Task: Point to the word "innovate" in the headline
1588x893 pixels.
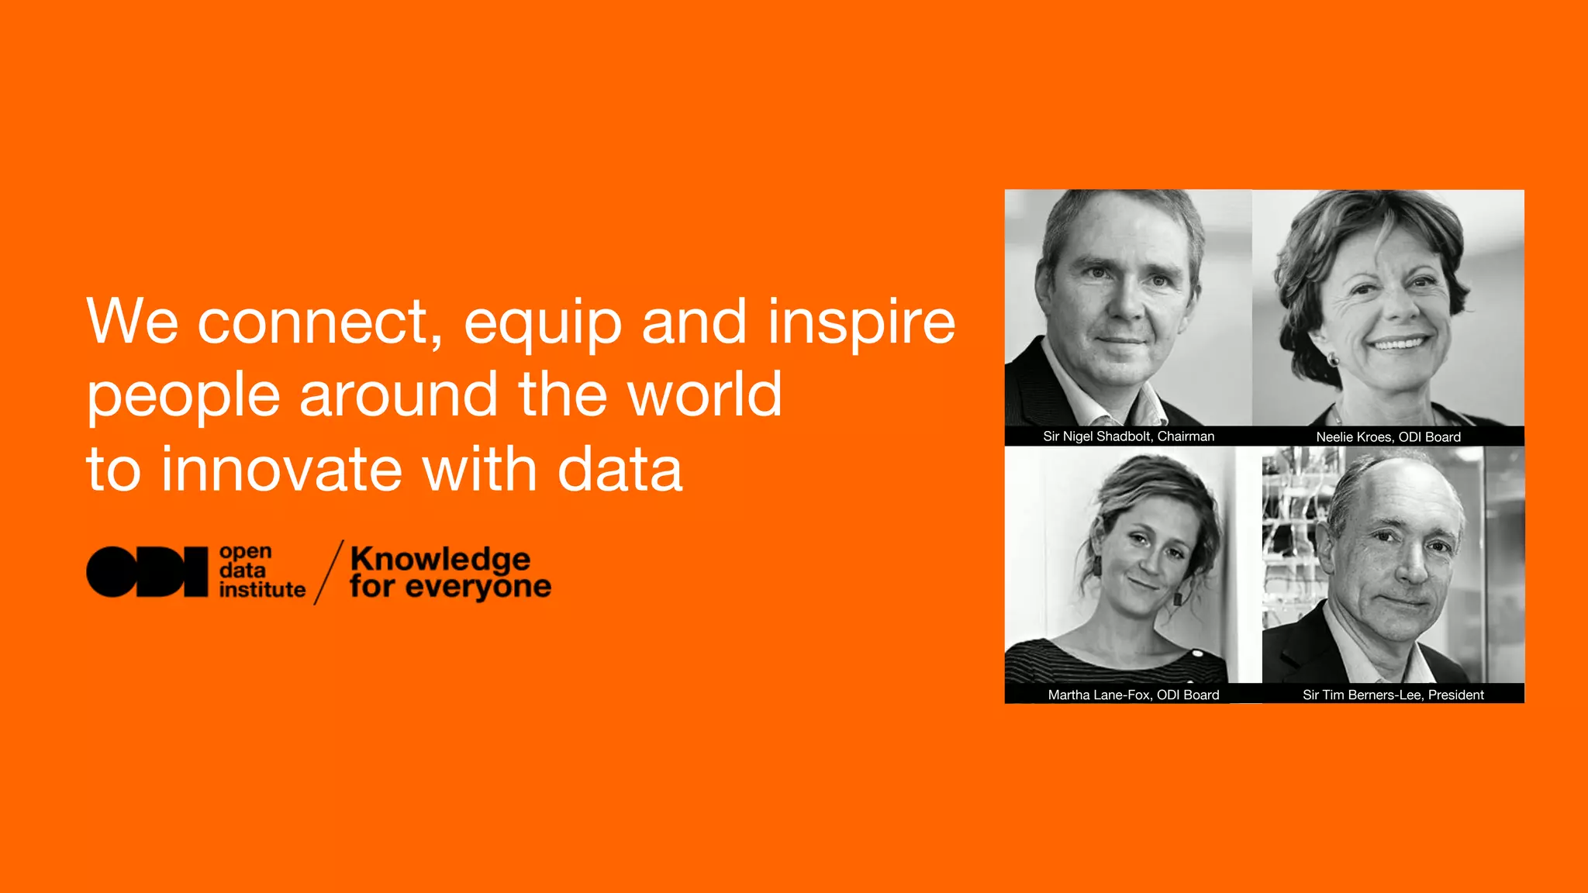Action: [x=281, y=470]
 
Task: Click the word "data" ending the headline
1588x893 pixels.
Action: [x=620, y=470]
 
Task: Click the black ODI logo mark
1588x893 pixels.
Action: [x=147, y=572]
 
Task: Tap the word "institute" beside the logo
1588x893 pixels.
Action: [x=262, y=590]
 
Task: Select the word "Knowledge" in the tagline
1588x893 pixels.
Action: [x=440, y=560]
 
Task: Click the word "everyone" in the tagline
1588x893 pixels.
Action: [x=478, y=588]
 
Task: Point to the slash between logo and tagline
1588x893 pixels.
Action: [x=329, y=572]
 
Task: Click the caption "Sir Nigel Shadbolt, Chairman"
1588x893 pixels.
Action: [x=1128, y=436]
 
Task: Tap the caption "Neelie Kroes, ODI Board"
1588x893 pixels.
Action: [x=1388, y=437]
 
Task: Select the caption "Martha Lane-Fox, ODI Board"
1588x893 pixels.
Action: [x=1133, y=695]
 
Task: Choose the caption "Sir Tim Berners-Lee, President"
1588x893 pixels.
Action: [x=1393, y=695]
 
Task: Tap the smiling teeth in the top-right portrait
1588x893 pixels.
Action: [x=1398, y=343]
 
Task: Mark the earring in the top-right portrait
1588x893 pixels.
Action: [x=1334, y=359]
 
